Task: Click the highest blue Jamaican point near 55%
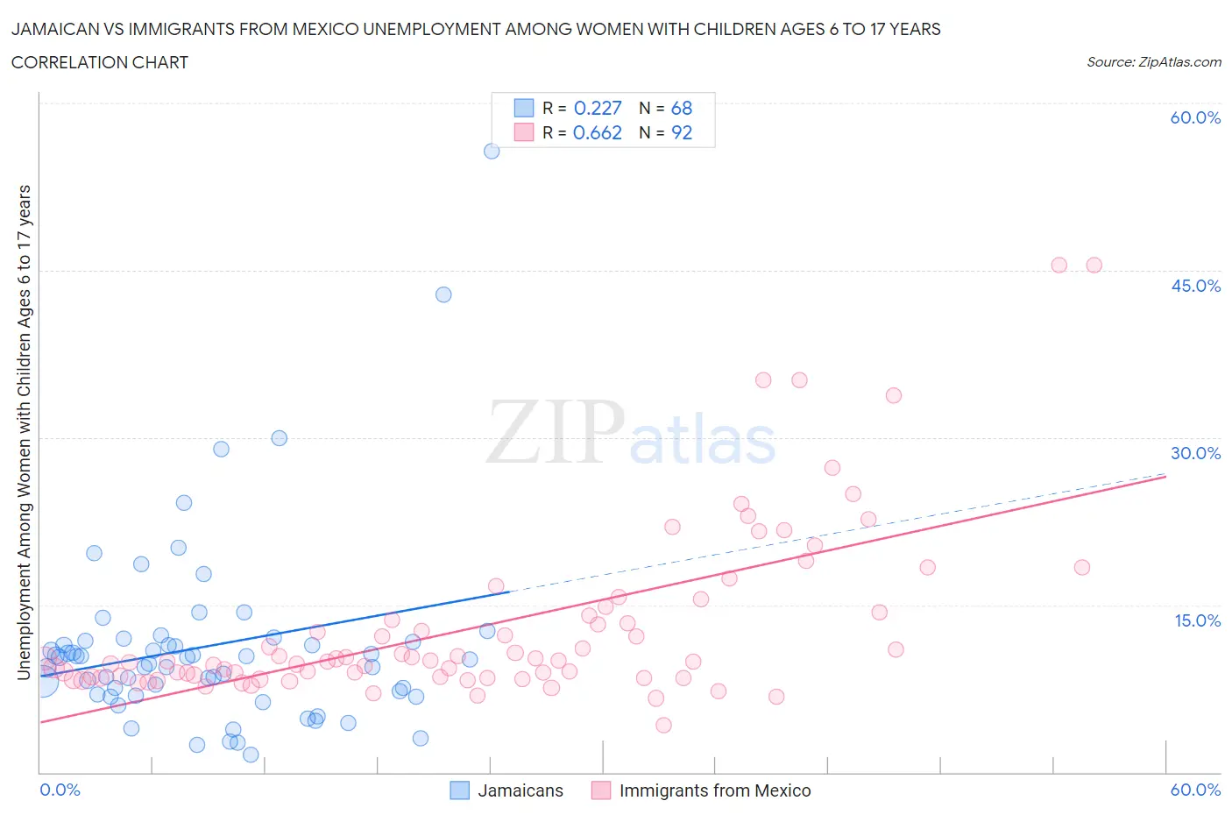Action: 492,151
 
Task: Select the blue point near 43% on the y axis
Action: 443,294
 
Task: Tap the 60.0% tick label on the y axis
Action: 1195,117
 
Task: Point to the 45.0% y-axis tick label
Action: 1195,286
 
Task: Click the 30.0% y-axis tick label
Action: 1195,453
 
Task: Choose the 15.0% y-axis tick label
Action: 1195,620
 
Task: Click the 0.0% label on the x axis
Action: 60,790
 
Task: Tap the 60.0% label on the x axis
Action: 1195,790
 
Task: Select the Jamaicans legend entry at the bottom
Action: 507,790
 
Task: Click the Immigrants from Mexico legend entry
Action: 702,790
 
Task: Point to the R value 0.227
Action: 597,108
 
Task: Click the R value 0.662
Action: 597,132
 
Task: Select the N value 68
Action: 681,108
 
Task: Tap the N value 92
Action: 681,132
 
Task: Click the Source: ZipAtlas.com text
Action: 1153,61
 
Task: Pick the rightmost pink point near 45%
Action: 1094,265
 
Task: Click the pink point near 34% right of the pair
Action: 893,395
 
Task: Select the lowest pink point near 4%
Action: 663,725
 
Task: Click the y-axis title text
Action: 24,432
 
